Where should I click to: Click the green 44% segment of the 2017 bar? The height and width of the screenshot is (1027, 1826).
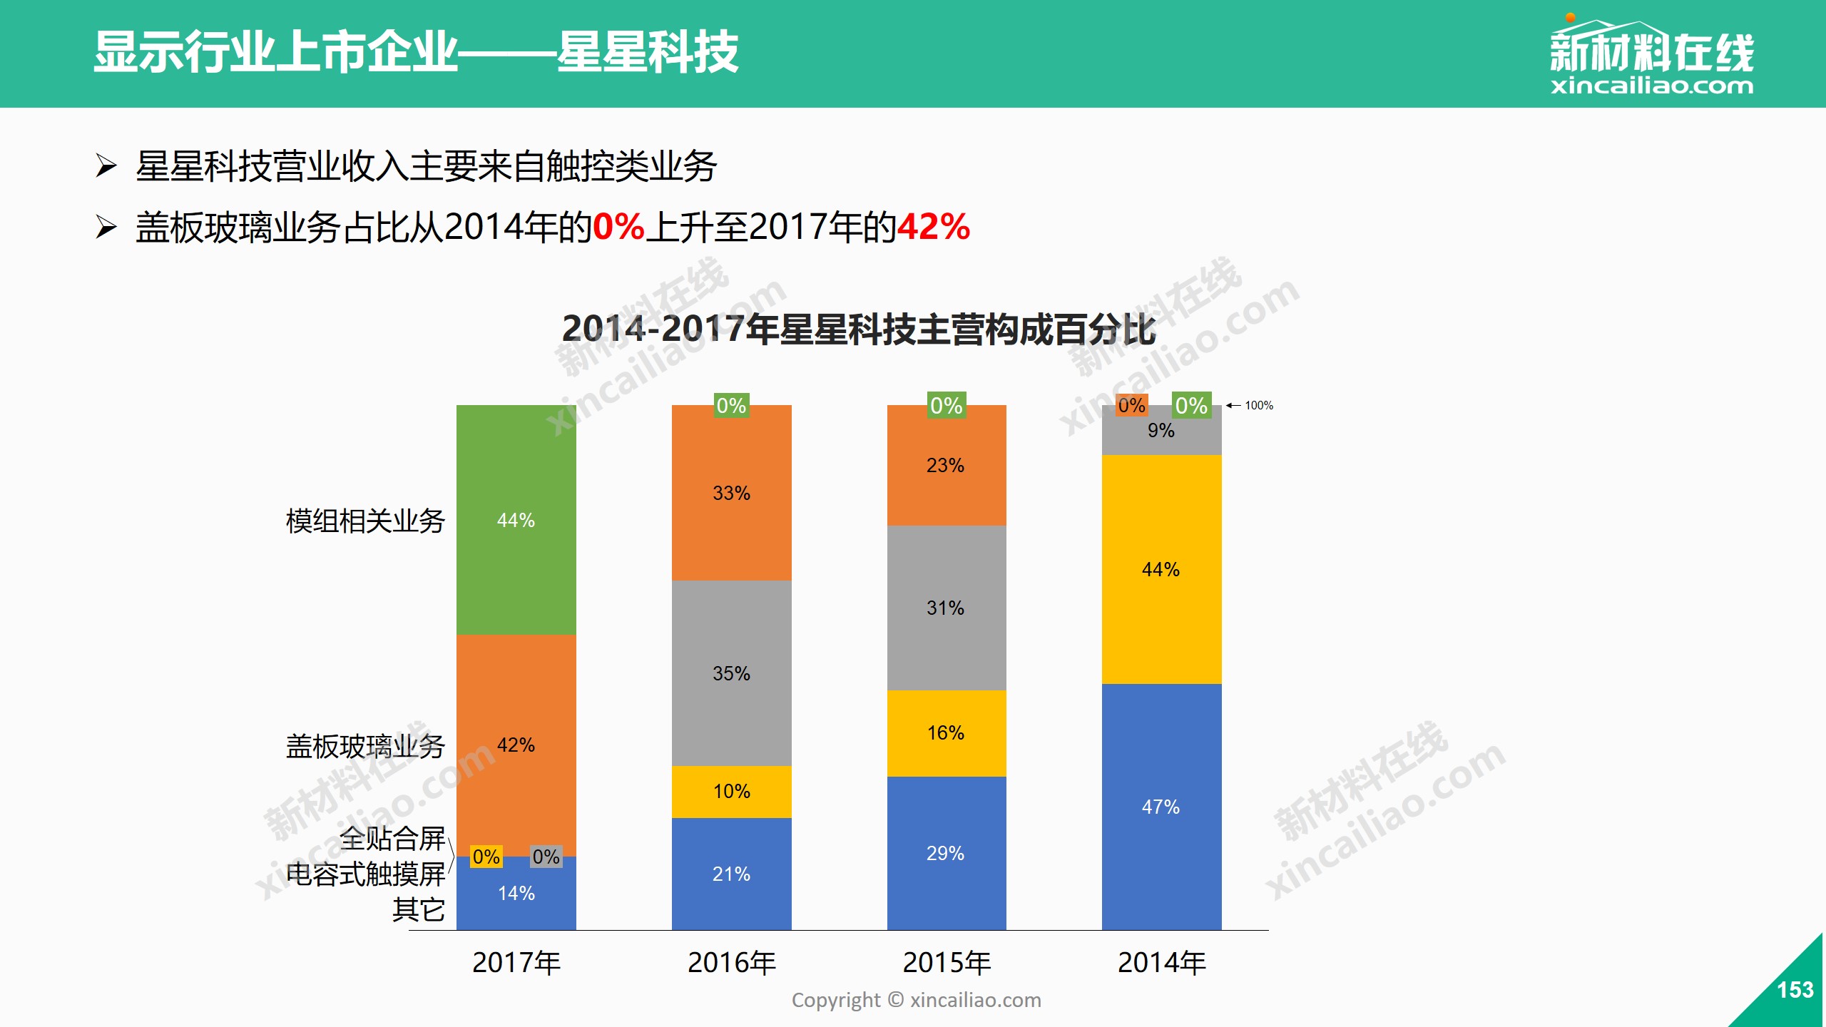516,520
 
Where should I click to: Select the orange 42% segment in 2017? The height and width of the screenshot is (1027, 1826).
516,745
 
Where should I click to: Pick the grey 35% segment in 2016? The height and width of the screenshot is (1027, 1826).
731,673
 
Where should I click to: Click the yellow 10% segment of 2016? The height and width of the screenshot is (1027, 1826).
731,791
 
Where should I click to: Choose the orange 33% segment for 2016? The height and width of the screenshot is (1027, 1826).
731,493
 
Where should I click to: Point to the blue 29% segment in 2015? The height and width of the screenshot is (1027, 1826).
946,853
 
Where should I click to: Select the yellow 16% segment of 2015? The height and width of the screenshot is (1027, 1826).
946,732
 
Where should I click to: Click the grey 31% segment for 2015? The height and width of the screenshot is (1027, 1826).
946,608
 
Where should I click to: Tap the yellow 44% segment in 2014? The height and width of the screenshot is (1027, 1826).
1161,569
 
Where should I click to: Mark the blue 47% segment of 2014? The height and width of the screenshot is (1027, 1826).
1161,807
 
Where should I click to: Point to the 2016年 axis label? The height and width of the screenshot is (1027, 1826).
731,963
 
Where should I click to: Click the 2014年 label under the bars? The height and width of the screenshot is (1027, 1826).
1161,963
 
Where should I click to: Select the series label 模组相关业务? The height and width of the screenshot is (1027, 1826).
365,521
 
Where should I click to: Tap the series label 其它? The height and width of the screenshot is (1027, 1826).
418,910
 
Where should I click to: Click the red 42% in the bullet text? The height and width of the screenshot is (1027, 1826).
933,227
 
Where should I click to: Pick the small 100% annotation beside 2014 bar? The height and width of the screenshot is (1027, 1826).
1258,405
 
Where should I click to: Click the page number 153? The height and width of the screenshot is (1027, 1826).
1795,990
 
